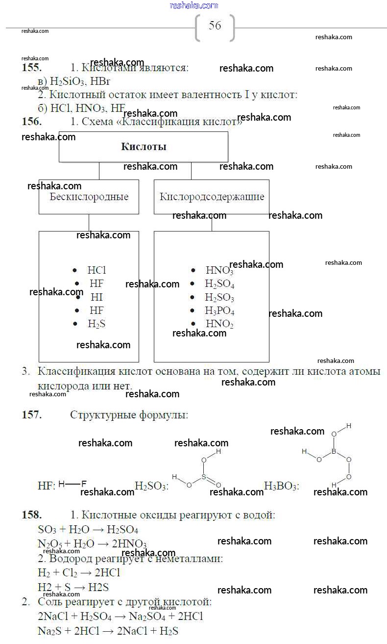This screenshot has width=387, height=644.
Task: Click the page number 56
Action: (215, 26)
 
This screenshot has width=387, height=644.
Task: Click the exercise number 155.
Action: (31, 68)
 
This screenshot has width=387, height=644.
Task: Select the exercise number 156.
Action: (31, 122)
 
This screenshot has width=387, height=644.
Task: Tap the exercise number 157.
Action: (31, 415)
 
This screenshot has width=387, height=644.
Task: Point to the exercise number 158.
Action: (31, 515)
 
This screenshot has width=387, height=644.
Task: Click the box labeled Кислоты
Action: (143, 147)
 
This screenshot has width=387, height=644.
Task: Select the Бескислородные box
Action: (89, 197)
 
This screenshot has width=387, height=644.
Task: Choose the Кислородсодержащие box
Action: (212, 197)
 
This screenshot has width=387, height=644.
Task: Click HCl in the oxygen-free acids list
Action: (97, 270)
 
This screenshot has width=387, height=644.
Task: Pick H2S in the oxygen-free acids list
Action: (97, 324)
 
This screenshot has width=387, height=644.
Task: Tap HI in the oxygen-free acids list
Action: (97, 297)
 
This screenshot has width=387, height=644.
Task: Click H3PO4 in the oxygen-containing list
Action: (219, 311)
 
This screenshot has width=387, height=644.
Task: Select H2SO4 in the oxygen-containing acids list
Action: (219, 284)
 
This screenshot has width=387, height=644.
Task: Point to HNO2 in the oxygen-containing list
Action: (219, 324)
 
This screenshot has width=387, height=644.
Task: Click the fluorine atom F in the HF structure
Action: (84, 484)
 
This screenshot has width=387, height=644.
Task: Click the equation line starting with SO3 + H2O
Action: (88, 530)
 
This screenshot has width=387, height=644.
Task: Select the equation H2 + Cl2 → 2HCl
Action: (79, 572)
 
